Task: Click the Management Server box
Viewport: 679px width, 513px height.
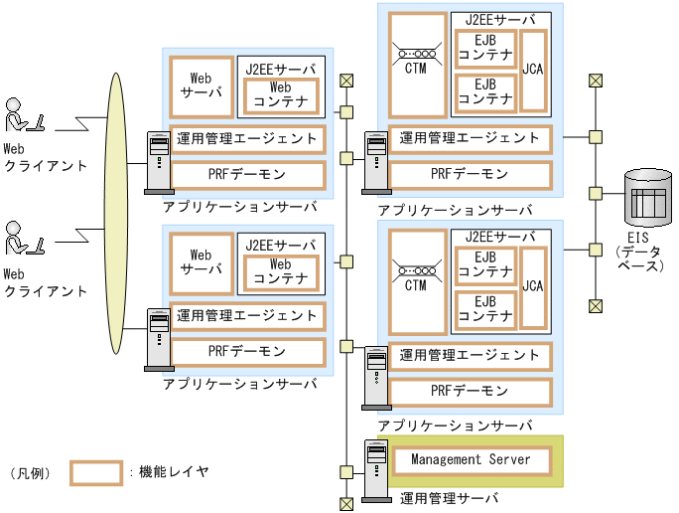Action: click(470, 460)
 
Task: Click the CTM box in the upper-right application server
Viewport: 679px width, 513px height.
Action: click(415, 65)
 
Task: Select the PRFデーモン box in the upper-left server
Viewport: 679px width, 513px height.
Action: click(247, 175)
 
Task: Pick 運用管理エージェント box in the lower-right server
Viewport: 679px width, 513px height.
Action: click(470, 355)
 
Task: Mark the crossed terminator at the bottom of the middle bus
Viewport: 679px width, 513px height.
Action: click(345, 504)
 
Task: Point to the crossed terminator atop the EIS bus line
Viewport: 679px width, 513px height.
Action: click(595, 81)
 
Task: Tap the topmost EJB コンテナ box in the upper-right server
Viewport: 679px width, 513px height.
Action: click(484, 50)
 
